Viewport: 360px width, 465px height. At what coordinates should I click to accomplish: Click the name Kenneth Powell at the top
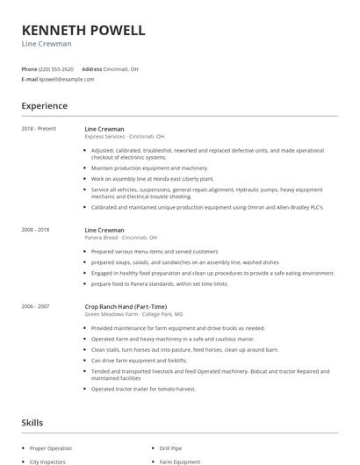[83, 30]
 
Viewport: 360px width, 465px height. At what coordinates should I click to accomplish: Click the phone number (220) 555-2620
[56, 68]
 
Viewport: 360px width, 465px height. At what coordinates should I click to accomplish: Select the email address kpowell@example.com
[67, 79]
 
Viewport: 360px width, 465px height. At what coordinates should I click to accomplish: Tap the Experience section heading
[45, 106]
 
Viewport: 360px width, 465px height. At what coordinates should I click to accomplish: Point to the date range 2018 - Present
[39, 129]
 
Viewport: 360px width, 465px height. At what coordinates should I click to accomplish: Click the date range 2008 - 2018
[36, 229]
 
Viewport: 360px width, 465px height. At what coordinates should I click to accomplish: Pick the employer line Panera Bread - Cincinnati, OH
[121, 237]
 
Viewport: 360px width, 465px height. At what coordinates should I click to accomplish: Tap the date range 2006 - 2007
[36, 305]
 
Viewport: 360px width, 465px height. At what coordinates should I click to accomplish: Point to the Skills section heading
[32, 422]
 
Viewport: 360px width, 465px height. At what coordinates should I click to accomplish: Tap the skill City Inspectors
[47, 461]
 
